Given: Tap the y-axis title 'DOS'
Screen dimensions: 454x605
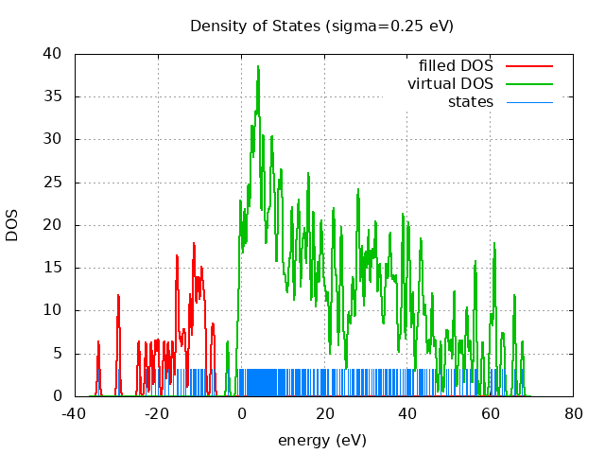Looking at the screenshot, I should [x=12, y=224].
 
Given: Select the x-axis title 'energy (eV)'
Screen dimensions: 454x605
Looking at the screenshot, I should [x=321, y=440].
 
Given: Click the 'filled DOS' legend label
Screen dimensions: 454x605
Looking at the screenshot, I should [x=456, y=65].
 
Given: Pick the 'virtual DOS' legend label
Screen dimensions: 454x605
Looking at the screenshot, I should [x=450, y=83].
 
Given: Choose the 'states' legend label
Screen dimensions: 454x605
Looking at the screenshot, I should [x=470, y=101].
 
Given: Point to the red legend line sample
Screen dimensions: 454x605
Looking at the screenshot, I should [x=528, y=66].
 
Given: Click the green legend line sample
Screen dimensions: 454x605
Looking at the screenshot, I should [x=528, y=84].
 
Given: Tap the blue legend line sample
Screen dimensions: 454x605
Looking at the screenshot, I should [x=528, y=102].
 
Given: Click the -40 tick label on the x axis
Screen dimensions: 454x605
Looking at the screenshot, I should [x=75, y=413].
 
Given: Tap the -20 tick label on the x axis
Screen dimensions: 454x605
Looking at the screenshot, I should [x=158, y=413].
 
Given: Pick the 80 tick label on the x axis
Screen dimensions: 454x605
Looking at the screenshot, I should [x=574, y=413].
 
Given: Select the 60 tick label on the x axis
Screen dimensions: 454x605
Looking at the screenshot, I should [x=491, y=413].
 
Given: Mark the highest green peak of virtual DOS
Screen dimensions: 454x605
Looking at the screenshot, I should [x=257, y=67].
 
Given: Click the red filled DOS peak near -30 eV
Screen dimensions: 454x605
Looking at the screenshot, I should [x=118, y=296].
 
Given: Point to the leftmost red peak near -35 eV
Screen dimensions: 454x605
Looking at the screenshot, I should [x=97, y=341].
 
